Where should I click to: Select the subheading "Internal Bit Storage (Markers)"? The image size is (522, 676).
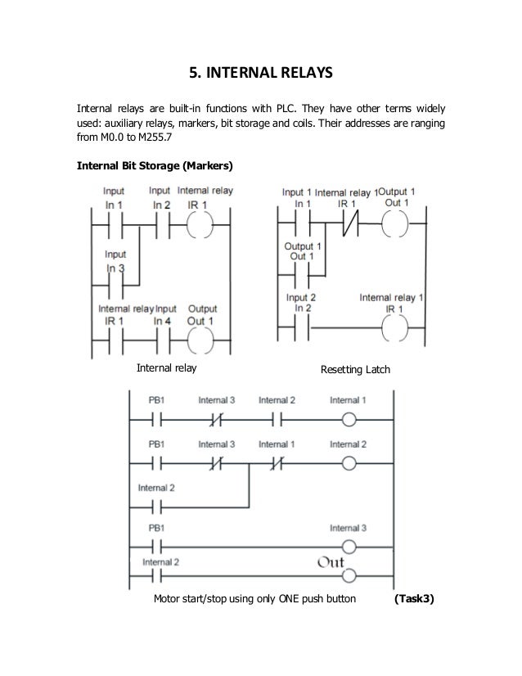click(x=155, y=166)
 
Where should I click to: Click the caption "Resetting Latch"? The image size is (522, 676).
click(x=358, y=371)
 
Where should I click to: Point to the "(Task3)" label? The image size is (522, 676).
click(x=414, y=598)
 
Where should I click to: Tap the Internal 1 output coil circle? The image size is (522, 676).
click(x=349, y=421)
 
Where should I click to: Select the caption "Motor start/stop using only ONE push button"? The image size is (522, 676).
click(x=254, y=598)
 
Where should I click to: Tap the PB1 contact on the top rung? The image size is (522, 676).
click(x=155, y=421)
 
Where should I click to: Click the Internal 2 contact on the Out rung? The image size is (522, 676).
click(x=155, y=576)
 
